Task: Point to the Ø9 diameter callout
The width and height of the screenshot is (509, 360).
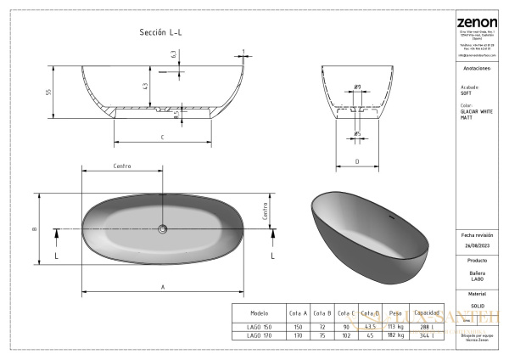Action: pyautogui.click(x=358, y=87)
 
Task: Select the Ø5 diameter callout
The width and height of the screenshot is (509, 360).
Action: pyautogui.click(x=358, y=133)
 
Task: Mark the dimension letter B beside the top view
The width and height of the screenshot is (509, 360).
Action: pyautogui.click(x=34, y=228)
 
